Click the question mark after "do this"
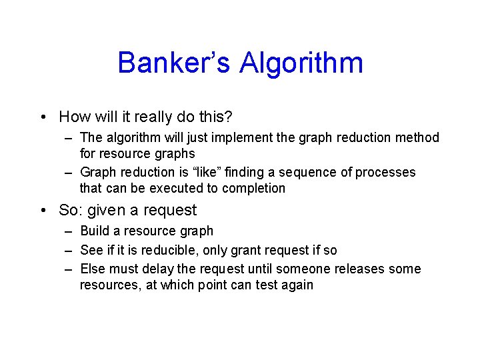pos(229,117)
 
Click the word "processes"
pos(385,173)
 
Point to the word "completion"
pos(253,189)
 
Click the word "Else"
pos(93,269)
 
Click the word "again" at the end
pos(297,285)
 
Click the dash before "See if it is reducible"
pos(69,251)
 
